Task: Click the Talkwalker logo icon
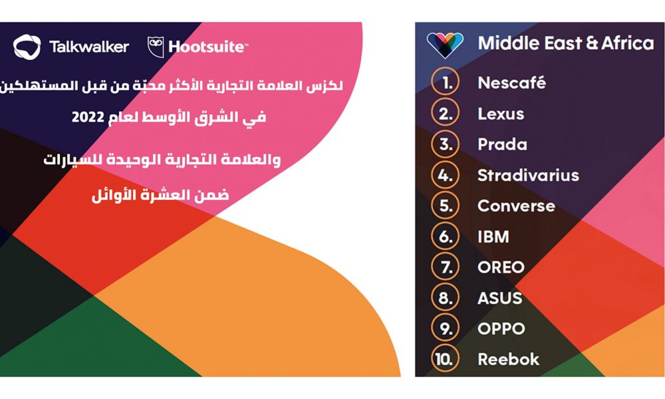[27, 47]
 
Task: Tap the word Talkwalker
[89, 47]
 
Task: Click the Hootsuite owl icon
[156, 47]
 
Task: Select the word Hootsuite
[207, 47]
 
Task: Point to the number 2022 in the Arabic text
[88, 117]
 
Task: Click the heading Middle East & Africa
[566, 43]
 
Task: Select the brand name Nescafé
[511, 82]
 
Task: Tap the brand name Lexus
[501, 114]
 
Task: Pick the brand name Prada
[503, 144]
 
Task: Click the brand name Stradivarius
[529, 175]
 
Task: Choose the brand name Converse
[516, 206]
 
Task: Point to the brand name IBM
[493, 237]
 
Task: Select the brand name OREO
[501, 267]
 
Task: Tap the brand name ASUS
[500, 298]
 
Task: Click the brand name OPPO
[501, 329]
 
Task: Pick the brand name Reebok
[509, 360]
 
